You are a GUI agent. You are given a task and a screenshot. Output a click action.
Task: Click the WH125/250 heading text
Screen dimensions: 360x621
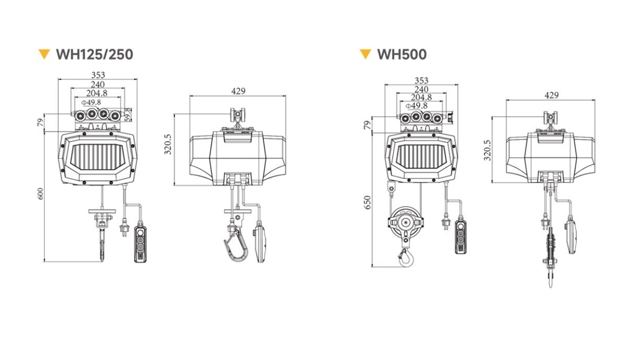94,54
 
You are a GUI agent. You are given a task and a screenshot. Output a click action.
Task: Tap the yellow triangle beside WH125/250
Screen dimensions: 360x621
43,53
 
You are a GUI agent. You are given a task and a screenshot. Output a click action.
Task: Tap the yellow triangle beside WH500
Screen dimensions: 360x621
365,53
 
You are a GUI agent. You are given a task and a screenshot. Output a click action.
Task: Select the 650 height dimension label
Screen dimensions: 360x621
367,202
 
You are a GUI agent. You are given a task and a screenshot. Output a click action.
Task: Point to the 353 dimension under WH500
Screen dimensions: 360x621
421,81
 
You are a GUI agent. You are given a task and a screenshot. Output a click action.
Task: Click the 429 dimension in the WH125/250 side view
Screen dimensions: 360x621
238,91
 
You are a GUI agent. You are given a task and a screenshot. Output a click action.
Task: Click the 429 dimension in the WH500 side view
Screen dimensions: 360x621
551,95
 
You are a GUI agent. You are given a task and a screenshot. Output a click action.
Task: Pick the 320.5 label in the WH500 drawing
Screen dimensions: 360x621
487,150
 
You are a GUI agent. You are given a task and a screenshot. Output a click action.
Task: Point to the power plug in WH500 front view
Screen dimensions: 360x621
445,220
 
